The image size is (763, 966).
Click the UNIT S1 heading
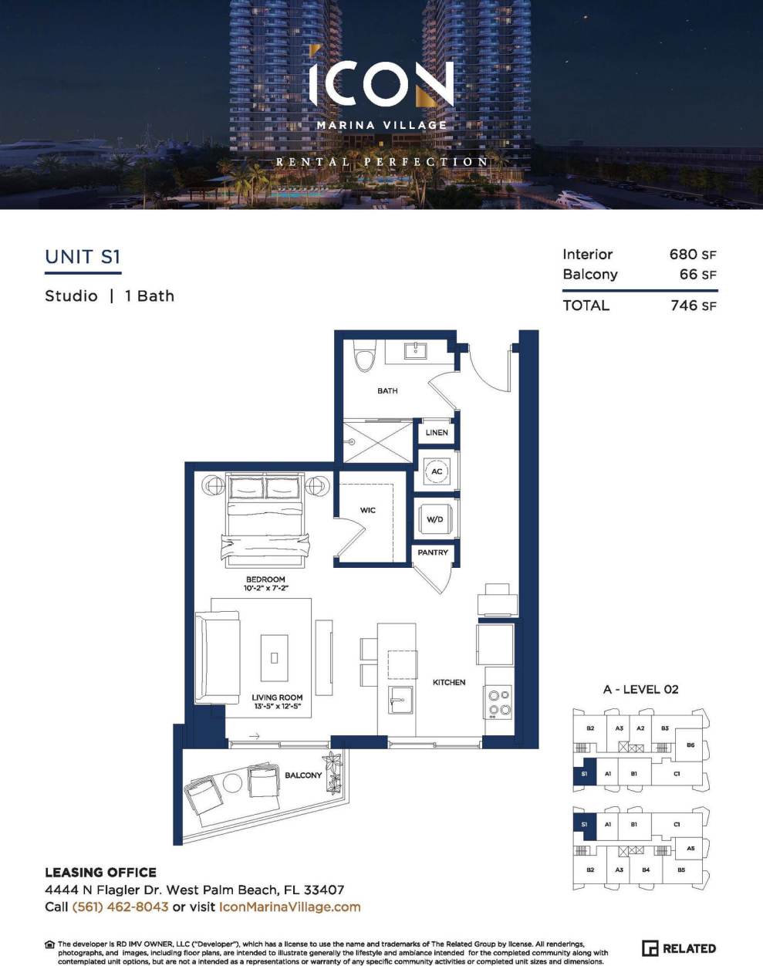click(83, 257)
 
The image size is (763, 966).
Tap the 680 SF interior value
click(693, 255)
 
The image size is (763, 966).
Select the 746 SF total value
click(693, 306)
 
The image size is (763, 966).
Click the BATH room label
click(387, 391)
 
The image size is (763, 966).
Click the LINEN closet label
click(437, 433)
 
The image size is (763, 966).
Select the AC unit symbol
click(437, 471)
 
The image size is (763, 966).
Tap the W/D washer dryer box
click(435, 519)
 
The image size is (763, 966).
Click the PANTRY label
click(433, 552)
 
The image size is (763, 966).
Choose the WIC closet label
click(368, 511)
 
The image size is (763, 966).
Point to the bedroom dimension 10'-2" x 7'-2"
click(265, 588)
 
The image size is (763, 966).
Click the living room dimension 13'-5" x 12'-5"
click(277, 706)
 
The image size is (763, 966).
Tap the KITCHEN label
click(449, 682)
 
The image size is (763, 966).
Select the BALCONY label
click(303, 775)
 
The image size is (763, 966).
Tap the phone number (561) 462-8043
click(120, 907)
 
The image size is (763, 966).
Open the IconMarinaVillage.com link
click(290, 907)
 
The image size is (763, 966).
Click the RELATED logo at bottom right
click(679, 948)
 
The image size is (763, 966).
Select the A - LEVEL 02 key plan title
click(640, 690)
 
